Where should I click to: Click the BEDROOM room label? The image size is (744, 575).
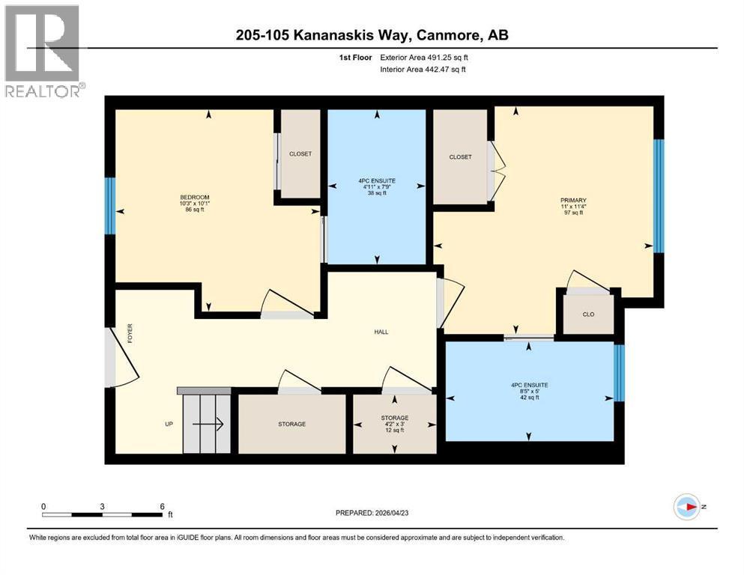click(195, 197)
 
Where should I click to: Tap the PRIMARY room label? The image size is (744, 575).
click(573, 200)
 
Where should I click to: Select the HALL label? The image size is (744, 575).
click(381, 332)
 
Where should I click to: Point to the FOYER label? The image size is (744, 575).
click(130, 334)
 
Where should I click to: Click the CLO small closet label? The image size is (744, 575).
click(588, 314)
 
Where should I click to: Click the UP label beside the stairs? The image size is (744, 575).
click(169, 424)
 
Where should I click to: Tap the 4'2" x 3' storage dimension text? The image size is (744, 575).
click(395, 425)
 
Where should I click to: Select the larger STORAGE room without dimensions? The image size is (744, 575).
click(291, 424)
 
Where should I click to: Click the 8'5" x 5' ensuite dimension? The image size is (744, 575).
click(530, 392)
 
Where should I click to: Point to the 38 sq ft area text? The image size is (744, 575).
click(377, 193)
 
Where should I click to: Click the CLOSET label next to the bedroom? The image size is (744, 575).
click(300, 153)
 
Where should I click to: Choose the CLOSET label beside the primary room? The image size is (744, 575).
click(460, 157)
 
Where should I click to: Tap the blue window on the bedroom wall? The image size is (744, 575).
click(110, 206)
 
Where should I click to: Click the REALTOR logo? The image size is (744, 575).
click(43, 51)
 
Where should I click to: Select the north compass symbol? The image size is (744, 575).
click(687, 507)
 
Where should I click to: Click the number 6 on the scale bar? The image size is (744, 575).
click(163, 506)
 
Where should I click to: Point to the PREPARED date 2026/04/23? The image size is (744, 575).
click(372, 513)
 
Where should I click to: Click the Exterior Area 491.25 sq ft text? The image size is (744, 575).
click(424, 58)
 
